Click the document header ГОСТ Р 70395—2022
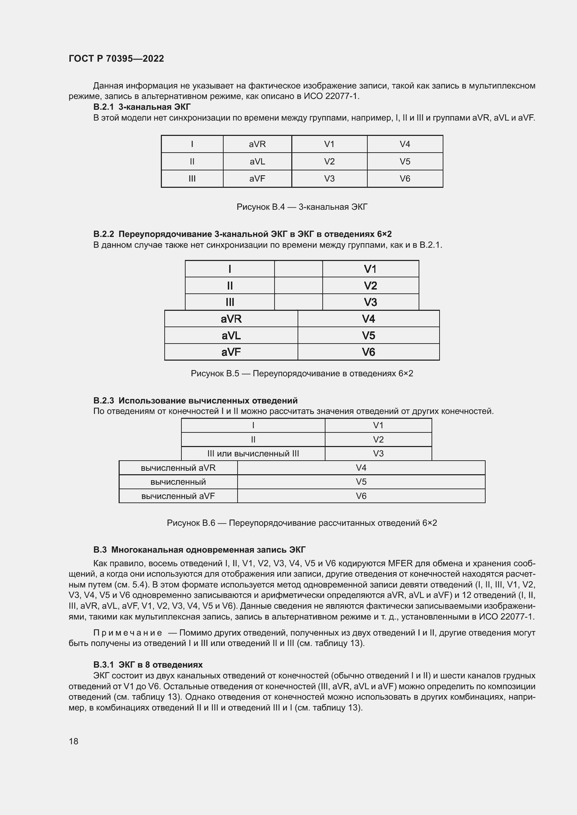[x=116, y=59]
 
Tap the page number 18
[x=74, y=741]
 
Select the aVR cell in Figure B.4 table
[x=257, y=144]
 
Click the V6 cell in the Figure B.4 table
[x=405, y=178]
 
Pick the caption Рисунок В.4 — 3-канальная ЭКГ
[x=302, y=207]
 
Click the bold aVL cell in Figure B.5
[x=231, y=336]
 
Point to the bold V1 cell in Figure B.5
[x=370, y=269]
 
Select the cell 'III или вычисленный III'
[x=253, y=454]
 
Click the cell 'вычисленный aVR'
[x=178, y=468]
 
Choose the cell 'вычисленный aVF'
[x=178, y=496]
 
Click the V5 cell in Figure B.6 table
[x=361, y=482]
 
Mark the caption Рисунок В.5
[x=302, y=374]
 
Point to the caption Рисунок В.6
[x=302, y=523]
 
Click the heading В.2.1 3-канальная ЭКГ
[x=142, y=107]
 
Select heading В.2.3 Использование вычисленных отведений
[x=195, y=401]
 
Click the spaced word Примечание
[x=128, y=633]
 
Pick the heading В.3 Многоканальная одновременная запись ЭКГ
[x=199, y=550]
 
